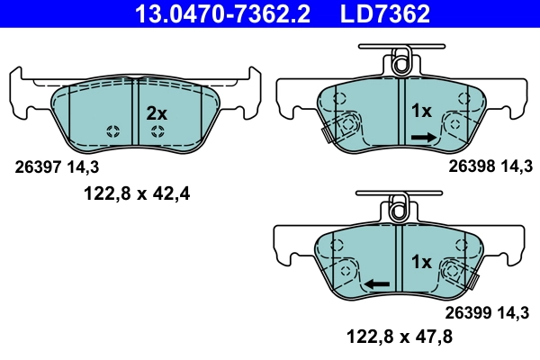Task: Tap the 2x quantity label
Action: [157, 113]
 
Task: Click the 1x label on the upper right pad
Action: [422, 112]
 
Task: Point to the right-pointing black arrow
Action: [424, 137]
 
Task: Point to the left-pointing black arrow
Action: [377, 283]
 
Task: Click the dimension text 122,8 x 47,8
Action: [400, 338]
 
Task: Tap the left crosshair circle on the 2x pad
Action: [112, 132]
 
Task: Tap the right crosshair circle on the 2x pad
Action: [157, 132]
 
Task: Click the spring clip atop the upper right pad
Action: [400, 63]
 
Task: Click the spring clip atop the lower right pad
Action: [400, 210]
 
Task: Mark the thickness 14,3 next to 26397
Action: [77, 166]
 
